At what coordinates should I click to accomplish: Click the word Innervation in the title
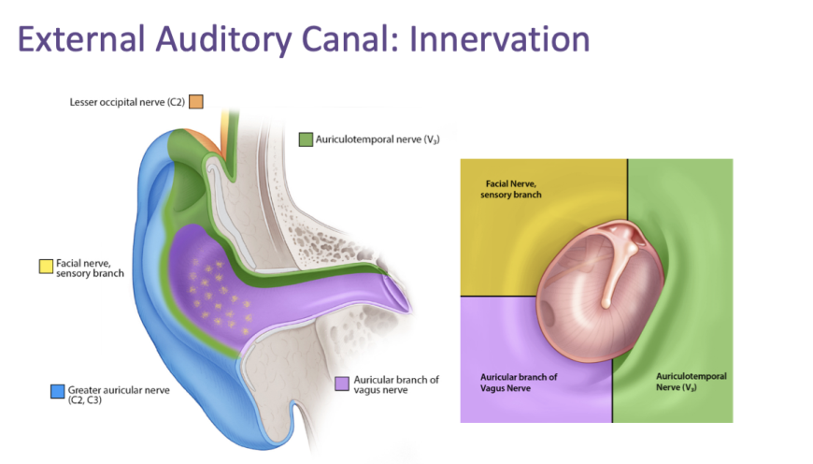(x=494, y=40)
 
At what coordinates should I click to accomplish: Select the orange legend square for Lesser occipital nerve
(x=196, y=101)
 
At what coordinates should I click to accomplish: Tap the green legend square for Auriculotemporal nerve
(x=305, y=139)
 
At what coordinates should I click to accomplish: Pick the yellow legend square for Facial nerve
(x=45, y=266)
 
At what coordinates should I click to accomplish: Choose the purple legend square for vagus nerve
(x=342, y=384)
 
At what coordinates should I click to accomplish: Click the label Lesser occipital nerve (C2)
(x=126, y=101)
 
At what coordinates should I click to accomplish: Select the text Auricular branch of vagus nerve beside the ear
(x=396, y=384)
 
